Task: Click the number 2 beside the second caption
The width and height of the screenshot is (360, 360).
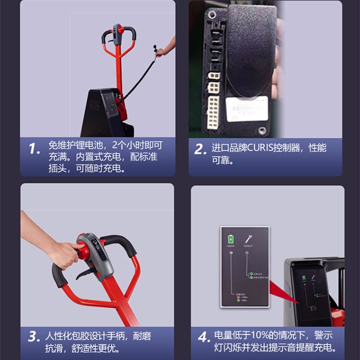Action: click(200, 149)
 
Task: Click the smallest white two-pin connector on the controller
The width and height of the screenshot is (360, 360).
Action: click(213, 75)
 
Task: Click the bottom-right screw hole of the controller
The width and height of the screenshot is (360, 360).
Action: click(262, 130)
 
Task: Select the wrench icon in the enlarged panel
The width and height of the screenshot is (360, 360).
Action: click(249, 239)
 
